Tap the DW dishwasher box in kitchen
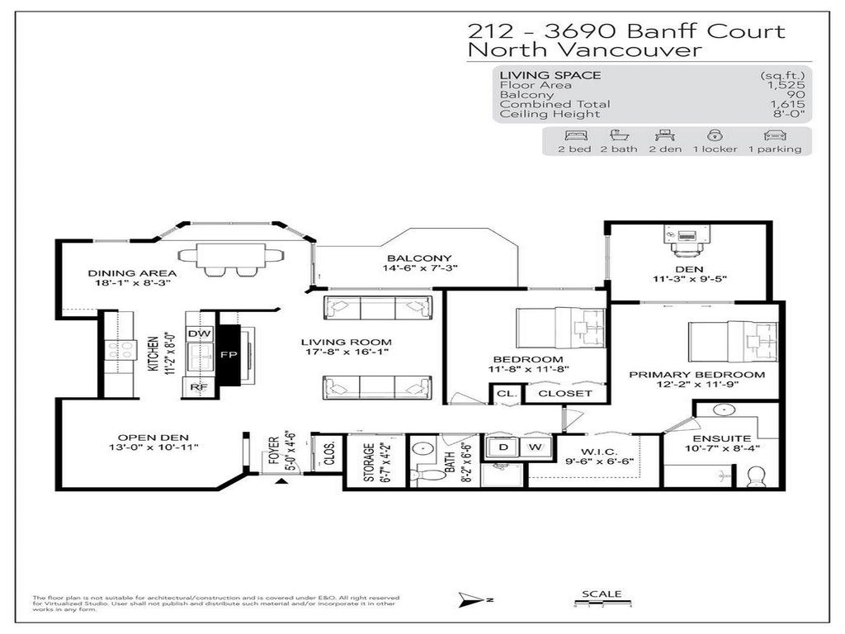tap(199, 333)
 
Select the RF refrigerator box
tap(199, 386)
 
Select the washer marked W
tap(534, 447)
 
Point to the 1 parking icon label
tap(774, 149)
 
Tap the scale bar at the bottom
tap(602, 604)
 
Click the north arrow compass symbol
tap(469, 599)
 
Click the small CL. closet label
tap(505, 394)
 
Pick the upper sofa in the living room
tap(379, 307)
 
